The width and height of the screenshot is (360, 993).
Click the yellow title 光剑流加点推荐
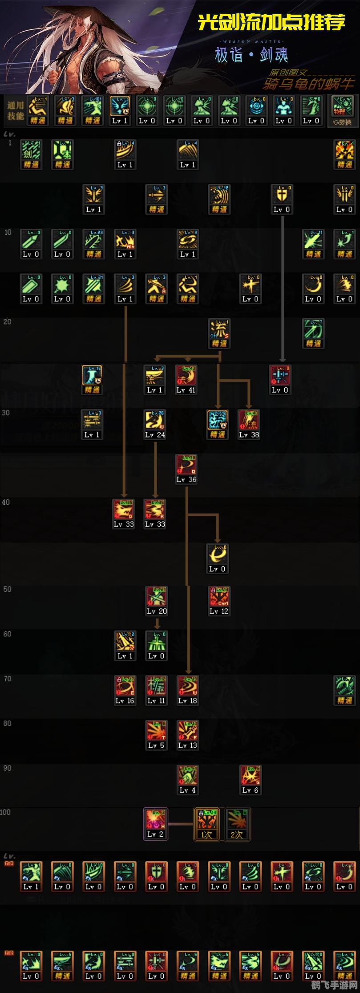pos(271,22)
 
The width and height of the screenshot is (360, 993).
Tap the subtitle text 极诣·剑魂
pos(251,55)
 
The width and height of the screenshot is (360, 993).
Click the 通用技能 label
pos(15,110)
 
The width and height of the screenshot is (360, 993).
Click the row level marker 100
pos(5,812)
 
